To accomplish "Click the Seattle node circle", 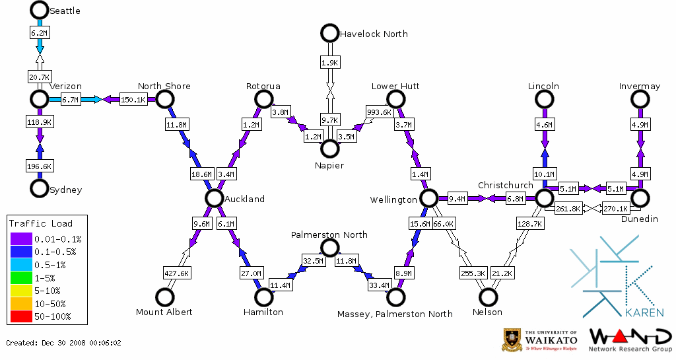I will coord(40,10).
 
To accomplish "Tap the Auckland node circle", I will coord(213,198).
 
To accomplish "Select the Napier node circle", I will coord(329,149).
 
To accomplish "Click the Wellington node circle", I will coord(429,198).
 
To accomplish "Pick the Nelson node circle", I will coord(489,297).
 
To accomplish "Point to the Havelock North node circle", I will coord(329,32).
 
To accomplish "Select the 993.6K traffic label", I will coord(379,112).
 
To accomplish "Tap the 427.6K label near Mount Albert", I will coord(176,273).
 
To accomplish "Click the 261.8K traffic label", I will coord(568,209).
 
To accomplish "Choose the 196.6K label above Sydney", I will coord(40,166).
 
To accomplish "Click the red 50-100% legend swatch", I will coord(20,316).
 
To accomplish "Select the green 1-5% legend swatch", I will coord(20,279).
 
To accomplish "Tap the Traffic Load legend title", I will coord(41,223).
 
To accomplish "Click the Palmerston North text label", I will coord(329,234).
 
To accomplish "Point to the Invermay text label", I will coord(639,87).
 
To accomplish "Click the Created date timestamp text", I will coord(63,343).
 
